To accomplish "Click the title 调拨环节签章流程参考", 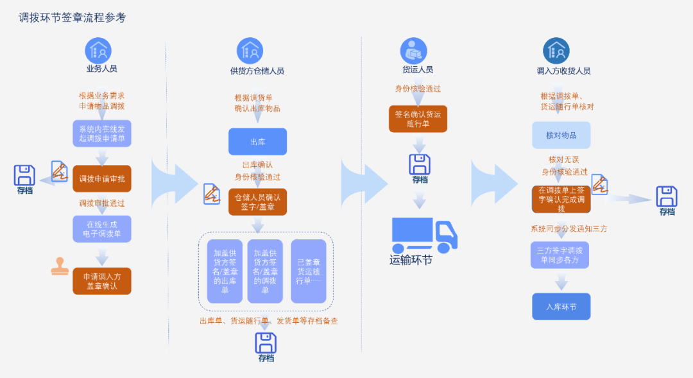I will [73, 18].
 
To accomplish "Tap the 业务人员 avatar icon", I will [98, 50].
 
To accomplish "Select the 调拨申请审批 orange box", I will [102, 178].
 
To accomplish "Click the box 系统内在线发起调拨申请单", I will [102, 133].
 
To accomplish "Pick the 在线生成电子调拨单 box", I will [102, 228].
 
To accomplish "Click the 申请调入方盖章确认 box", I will [102, 281].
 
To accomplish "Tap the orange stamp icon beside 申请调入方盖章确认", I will [60, 266].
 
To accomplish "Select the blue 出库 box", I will [257, 141].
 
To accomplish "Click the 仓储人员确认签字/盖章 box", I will [257, 202].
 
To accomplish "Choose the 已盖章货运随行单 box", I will [309, 271].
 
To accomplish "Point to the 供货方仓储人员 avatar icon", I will [250, 50].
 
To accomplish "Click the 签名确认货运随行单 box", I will [418, 119].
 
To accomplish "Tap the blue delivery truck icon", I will [424, 235].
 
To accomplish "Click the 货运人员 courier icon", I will [414, 50].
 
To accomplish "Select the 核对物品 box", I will [561, 135].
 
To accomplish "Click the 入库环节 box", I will [561, 307].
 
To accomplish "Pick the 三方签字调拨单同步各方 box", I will [560, 255].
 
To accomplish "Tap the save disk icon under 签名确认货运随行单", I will [420, 164].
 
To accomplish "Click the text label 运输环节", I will [411, 260].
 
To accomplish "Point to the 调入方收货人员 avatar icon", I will [556, 50].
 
